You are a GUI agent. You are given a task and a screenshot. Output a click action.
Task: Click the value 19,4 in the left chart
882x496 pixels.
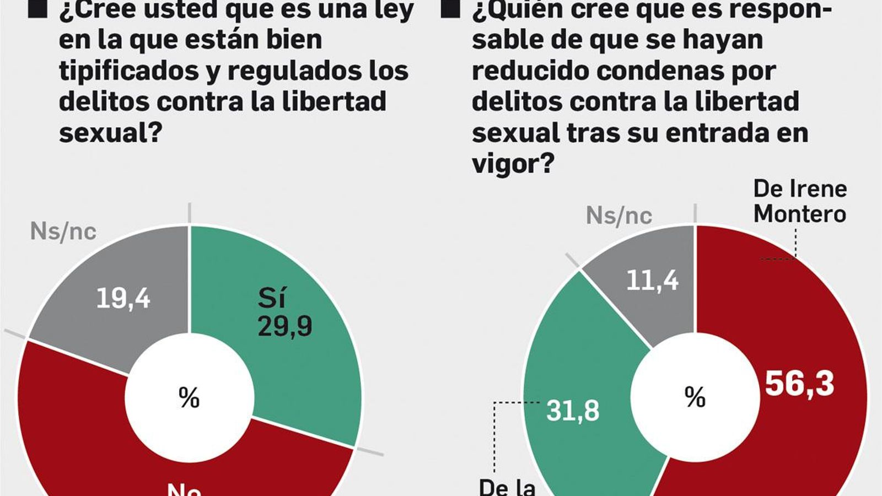coord(123,298)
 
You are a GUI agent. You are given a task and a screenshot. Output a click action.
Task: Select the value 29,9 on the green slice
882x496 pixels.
coord(284,326)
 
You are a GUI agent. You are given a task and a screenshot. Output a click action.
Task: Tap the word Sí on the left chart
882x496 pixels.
coord(272,298)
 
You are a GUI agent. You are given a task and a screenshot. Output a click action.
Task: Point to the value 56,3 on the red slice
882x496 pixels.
coord(799,384)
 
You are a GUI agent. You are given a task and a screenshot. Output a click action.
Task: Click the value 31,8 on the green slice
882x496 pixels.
coord(573,411)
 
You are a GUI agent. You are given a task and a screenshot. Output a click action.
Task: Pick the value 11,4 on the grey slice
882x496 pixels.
coord(652,281)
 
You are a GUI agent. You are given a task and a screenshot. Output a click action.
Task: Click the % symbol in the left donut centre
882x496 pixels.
coord(189,397)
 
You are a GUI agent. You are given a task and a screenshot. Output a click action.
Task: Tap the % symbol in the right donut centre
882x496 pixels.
coord(695,397)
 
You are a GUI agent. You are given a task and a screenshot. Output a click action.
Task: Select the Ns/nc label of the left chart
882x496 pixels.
coord(63,231)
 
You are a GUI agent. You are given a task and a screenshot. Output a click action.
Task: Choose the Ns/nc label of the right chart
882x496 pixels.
coord(619,215)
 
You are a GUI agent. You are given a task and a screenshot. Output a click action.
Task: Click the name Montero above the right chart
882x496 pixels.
coord(799,214)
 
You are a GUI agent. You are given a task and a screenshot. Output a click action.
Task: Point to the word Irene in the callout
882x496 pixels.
coord(818,188)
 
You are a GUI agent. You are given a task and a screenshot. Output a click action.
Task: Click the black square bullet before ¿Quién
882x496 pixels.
coord(450,8)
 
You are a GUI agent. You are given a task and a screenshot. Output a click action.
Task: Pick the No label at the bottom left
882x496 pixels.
coord(184,489)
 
